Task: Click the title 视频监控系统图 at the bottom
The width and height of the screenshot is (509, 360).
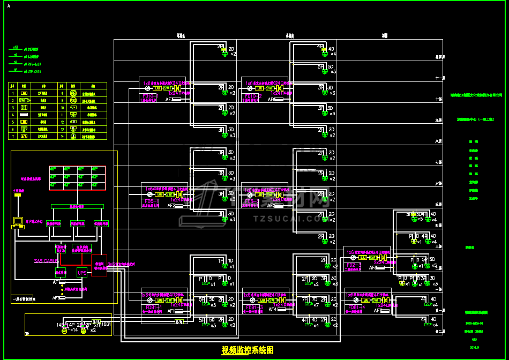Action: pyautogui.click(x=248, y=350)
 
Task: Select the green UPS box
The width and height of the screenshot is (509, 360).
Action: pyautogui.click(x=82, y=272)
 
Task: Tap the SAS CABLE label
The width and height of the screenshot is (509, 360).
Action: pyautogui.click(x=46, y=261)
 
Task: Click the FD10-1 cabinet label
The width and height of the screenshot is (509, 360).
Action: pyautogui.click(x=149, y=96)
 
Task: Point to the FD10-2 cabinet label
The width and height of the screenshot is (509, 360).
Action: pyautogui.click(x=252, y=96)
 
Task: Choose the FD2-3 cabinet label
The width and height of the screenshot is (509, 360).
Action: pyautogui.click(x=354, y=265)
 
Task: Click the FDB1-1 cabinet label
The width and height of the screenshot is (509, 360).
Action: pyautogui.click(x=152, y=307)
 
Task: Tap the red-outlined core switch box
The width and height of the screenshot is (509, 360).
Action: pyautogui.click(x=99, y=265)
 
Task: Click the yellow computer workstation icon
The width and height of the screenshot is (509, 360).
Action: pyautogui.click(x=18, y=221)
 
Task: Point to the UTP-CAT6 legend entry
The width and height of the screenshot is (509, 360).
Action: pyautogui.click(x=33, y=71)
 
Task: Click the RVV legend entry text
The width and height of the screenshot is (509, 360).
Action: pyautogui.click(x=33, y=64)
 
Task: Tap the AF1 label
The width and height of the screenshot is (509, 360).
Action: pyautogui.click(x=170, y=311)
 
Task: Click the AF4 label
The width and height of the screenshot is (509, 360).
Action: pyautogui.click(x=273, y=309)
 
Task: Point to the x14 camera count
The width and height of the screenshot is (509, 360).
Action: pyautogui.click(x=74, y=330)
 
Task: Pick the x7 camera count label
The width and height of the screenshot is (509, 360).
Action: pyautogui.click(x=316, y=305)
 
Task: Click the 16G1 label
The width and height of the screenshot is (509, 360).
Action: pyautogui.click(x=106, y=325)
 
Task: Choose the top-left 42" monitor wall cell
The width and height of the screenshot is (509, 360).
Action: pyautogui.click(x=53, y=169)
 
